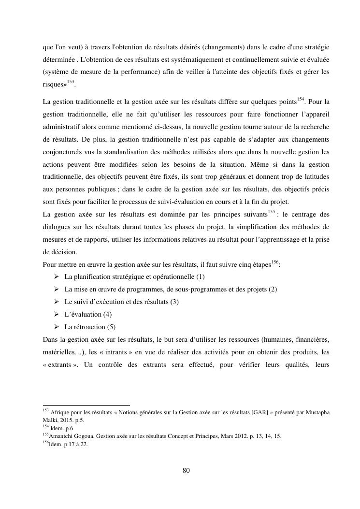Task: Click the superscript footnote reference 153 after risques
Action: (x=70, y=82)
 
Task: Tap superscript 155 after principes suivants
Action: (x=273, y=212)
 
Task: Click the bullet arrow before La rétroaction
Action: (x=56, y=327)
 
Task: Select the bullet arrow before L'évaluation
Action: (x=56, y=314)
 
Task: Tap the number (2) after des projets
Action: (x=273, y=290)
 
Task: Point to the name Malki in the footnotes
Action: (x=50, y=420)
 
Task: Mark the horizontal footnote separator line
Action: (x=86, y=405)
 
